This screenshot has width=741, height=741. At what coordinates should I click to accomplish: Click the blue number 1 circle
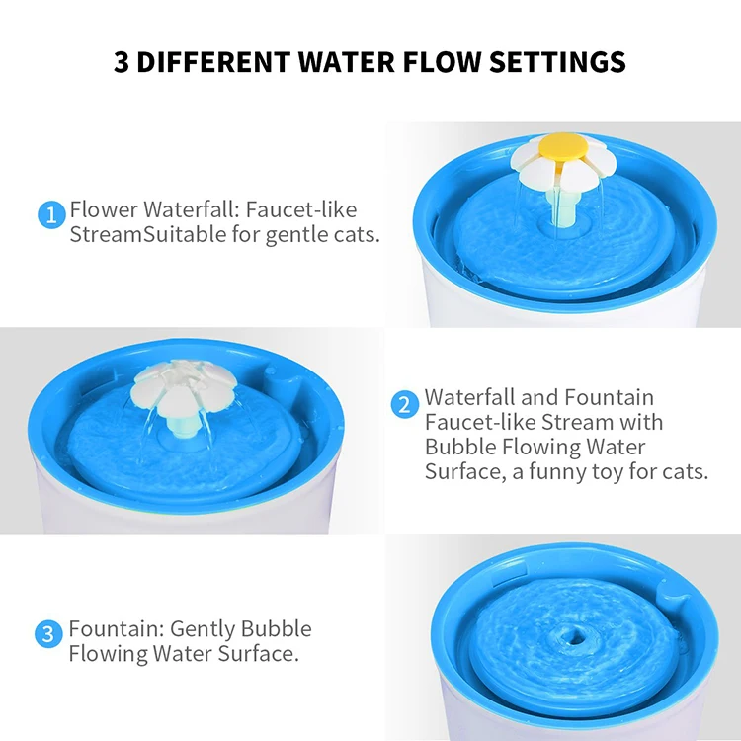[x=52, y=213]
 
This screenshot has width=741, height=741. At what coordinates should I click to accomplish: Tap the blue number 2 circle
[x=404, y=405]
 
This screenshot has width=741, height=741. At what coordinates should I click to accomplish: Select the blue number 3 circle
[x=48, y=633]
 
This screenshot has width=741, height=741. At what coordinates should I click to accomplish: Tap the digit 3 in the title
[x=121, y=61]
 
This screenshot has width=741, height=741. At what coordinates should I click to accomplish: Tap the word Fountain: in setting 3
[x=116, y=629]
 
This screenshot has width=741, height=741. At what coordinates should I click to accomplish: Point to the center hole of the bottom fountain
[x=572, y=632]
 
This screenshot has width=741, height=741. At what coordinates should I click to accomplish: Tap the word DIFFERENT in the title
[x=206, y=61]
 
